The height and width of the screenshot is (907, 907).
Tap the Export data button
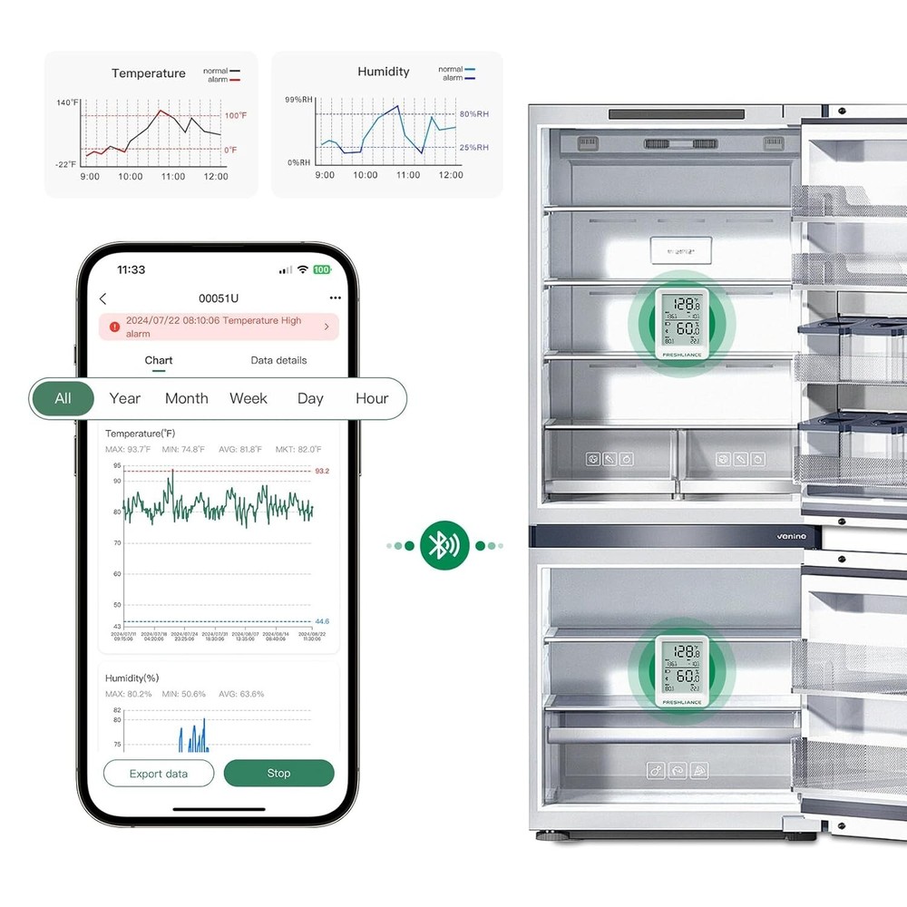159,774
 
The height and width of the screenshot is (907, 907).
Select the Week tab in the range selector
249,398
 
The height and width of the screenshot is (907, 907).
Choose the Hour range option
372,398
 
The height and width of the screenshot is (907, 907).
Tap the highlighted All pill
63,398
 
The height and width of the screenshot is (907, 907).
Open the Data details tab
278,360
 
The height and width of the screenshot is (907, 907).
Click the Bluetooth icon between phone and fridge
444,545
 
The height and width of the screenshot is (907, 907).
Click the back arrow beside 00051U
102,298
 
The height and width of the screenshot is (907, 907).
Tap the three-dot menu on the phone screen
336,297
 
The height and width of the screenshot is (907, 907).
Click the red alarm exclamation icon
114,327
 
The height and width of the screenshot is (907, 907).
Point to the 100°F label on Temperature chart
236,116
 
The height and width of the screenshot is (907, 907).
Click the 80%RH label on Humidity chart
473,114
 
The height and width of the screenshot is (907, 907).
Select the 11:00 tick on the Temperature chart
173,176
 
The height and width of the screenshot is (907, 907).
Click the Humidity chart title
383,72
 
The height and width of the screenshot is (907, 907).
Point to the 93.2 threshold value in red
322,471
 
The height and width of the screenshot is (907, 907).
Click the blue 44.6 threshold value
322,621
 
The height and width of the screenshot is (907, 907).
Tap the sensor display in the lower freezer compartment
680,671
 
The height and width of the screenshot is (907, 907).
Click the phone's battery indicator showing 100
322,270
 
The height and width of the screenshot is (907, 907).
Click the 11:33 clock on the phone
132,270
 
